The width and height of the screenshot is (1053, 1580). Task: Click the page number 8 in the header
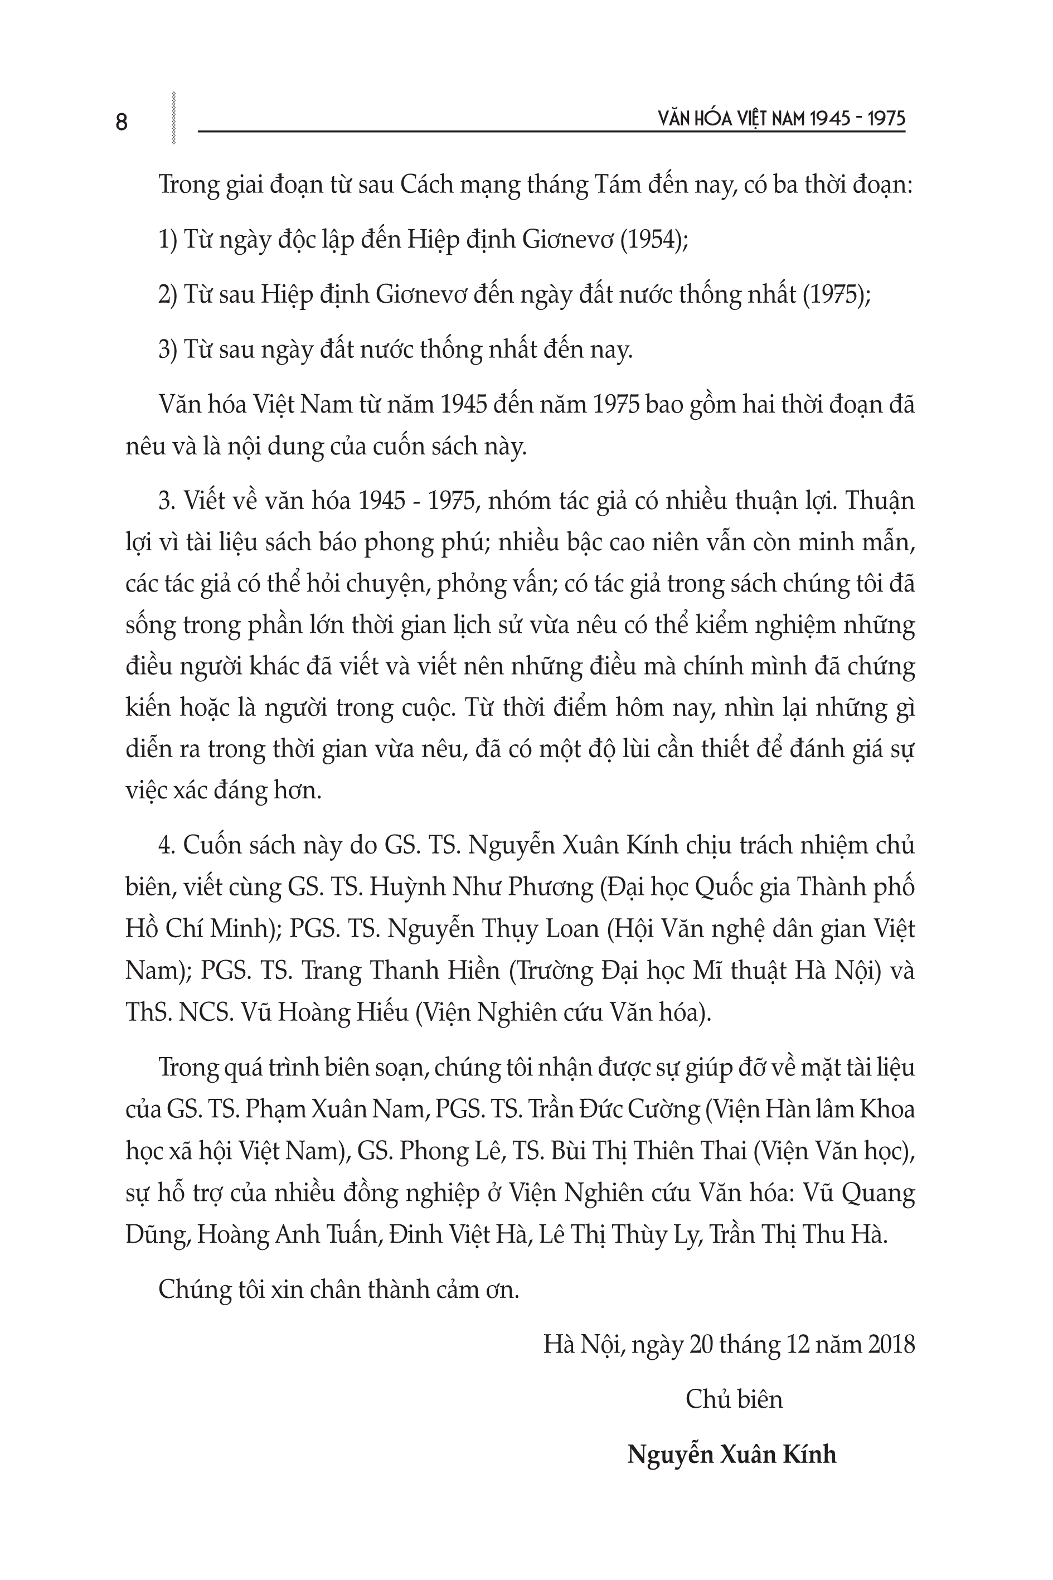(x=122, y=122)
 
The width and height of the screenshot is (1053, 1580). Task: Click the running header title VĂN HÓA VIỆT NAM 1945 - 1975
(x=782, y=119)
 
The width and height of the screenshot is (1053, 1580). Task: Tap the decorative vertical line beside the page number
(x=174, y=118)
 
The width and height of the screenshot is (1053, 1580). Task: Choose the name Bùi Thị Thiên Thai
(x=648, y=1151)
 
